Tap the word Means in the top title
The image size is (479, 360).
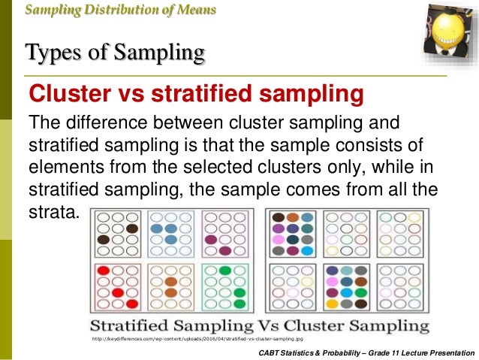point(194,10)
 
